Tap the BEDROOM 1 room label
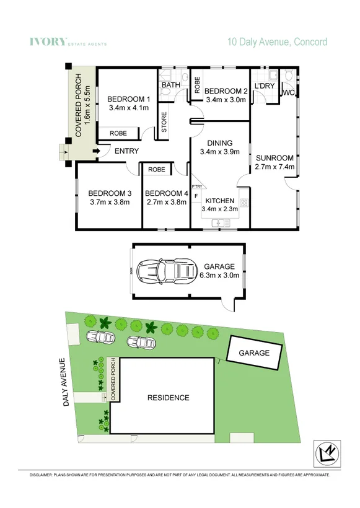click(x=128, y=99)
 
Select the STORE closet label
click(x=165, y=126)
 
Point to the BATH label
click(x=170, y=85)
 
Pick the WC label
click(x=288, y=93)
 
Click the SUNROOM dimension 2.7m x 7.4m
click(x=274, y=167)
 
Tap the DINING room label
click(x=219, y=141)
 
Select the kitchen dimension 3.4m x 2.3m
click(x=219, y=209)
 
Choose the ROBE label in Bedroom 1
click(x=118, y=133)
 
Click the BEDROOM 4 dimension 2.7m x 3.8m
click(x=165, y=201)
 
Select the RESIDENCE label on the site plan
click(x=169, y=397)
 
